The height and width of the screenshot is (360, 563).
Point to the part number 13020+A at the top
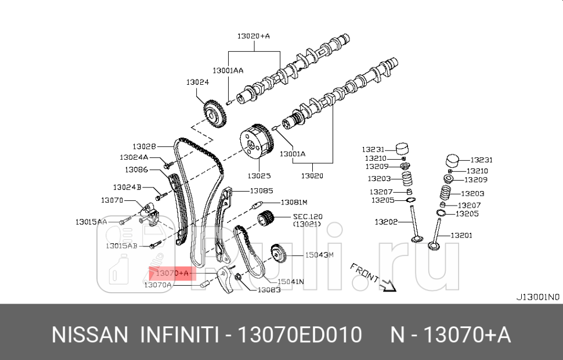click(x=253, y=36)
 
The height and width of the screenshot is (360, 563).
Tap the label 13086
click(x=136, y=170)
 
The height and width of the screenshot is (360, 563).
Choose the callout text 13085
click(x=261, y=190)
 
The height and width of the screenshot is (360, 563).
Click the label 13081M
click(x=294, y=202)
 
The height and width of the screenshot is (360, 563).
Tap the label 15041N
click(x=291, y=282)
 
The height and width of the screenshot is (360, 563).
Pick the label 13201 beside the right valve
click(x=462, y=235)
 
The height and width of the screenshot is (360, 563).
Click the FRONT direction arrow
click(x=388, y=284)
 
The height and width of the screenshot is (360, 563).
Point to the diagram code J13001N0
click(x=537, y=296)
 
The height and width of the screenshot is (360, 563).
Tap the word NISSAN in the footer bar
click(x=90, y=335)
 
